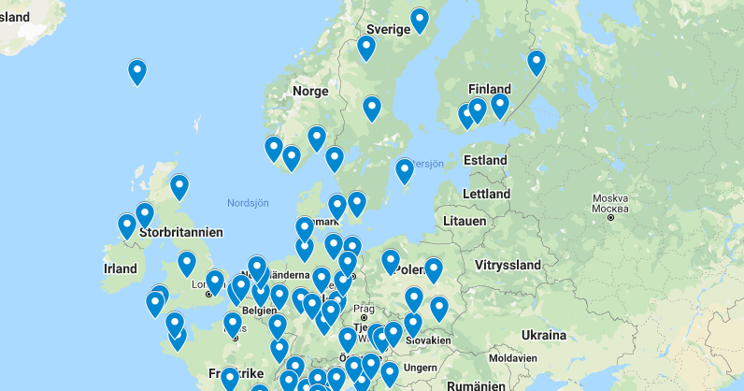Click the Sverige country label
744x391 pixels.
[x=388, y=29]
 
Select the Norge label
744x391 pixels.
[x=310, y=91]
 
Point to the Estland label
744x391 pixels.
[x=485, y=160]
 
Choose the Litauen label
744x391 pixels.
[x=465, y=221]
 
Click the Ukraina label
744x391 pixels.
[x=544, y=335]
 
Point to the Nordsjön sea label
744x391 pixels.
[x=248, y=202]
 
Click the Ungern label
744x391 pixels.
[x=421, y=369]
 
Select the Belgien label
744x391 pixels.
[x=259, y=310]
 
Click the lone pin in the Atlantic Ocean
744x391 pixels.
[x=137, y=71]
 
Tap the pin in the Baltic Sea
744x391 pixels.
[x=405, y=170]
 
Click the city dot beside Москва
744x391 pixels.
[x=609, y=217]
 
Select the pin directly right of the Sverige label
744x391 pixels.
[x=420, y=20]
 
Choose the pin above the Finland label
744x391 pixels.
[x=536, y=62]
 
